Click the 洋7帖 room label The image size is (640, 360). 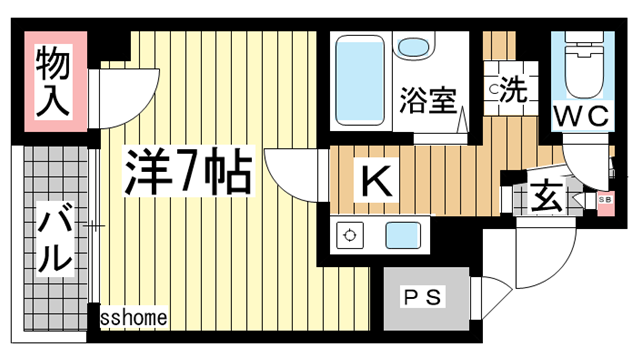pos(188,171)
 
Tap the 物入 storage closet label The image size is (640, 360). pos(52,81)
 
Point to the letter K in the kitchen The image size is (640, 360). pos(376,180)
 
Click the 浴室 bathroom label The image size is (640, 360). pos(427,100)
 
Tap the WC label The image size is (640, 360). pos(582,115)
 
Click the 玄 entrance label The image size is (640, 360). pos(546,196)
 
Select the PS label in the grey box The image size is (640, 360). pos(422,298)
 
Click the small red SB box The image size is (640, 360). pos(605,203)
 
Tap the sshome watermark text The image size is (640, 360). pos(133,317)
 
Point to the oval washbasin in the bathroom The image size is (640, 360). pos(413,48)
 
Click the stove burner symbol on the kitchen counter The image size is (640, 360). pos(349,236)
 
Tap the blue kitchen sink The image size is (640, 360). pos(403,235)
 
